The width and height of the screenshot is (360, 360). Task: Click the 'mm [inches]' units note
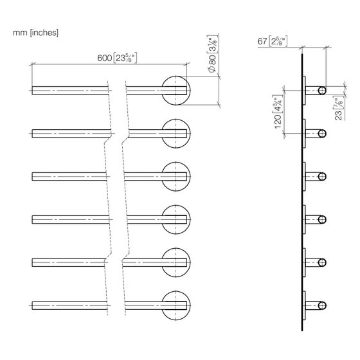(35, 33)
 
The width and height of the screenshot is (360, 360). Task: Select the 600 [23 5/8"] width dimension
(117, 58)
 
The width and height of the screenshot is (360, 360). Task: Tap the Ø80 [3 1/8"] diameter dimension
(212, 54)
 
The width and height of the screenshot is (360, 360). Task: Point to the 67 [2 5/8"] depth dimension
(272, 41)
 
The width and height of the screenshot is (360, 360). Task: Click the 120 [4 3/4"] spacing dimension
(278, 112)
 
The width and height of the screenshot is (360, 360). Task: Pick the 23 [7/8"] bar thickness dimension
(339, 109)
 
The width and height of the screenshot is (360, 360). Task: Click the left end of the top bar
(32, 91)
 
